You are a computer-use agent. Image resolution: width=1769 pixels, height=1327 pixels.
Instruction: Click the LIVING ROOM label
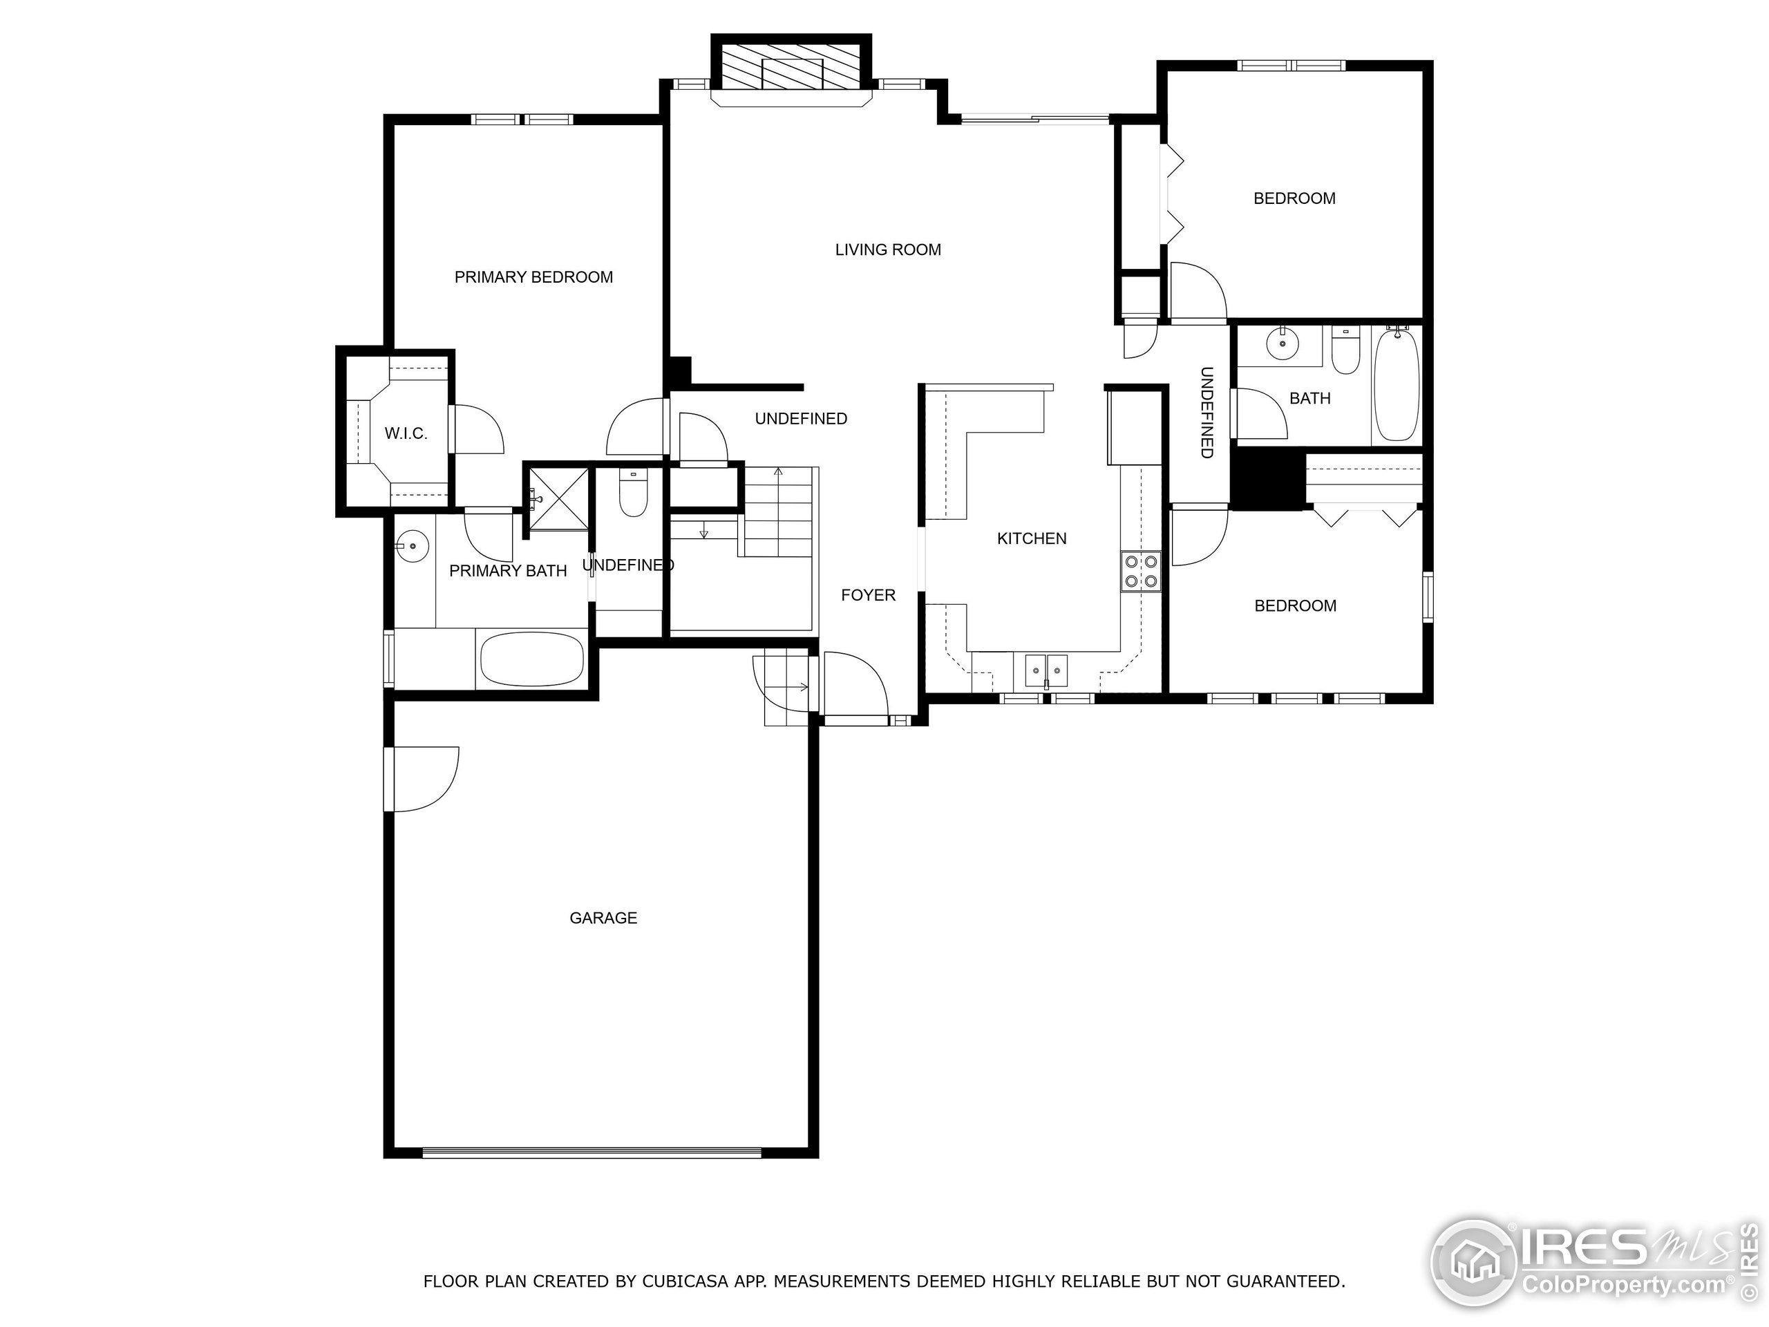888,250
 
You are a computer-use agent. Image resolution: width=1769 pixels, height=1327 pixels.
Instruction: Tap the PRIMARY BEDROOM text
533,276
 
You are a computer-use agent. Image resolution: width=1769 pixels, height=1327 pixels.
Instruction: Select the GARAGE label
603,917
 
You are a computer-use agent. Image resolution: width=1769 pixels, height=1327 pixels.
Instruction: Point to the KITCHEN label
1031,538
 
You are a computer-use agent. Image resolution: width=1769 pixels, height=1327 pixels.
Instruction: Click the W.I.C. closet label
406,433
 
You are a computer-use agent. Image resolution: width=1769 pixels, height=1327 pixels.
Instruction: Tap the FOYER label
868,595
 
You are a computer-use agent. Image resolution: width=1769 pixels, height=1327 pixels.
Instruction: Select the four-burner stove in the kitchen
1140,571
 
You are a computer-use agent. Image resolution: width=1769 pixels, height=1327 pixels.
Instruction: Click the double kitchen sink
1046,670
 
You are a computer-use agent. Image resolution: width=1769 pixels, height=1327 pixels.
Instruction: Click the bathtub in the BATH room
1397,386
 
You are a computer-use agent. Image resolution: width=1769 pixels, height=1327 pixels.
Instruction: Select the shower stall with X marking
559,498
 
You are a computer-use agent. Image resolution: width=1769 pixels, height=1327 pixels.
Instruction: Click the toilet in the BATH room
1346,352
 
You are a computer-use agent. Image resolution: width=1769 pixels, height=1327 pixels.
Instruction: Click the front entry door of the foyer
855,688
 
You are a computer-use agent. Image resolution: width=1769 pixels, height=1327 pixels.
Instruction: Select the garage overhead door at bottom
592,1153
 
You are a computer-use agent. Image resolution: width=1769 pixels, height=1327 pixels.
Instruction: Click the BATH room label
1310,398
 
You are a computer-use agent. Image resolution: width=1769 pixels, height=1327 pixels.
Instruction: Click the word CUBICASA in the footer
684,1281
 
